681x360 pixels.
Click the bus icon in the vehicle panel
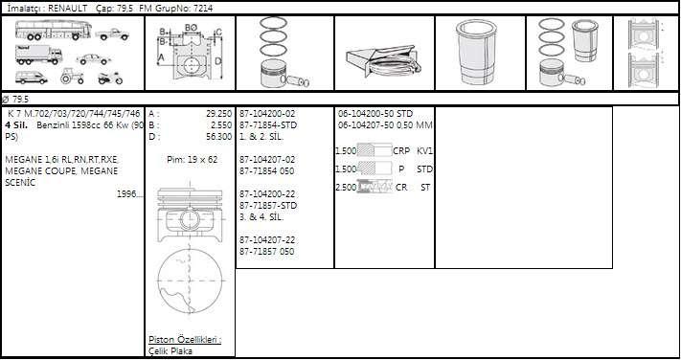point(54,30)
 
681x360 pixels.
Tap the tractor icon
point(72,76)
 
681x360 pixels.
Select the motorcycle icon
point(110,78)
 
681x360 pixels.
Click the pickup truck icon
point(112,34)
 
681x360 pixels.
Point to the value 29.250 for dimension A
point(219,114)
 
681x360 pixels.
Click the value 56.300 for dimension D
point(219,136)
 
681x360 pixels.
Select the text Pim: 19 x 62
point(192,159)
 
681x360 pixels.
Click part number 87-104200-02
point(267,114)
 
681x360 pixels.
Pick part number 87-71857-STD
point(268,205)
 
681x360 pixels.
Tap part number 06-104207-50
point(366,125)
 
